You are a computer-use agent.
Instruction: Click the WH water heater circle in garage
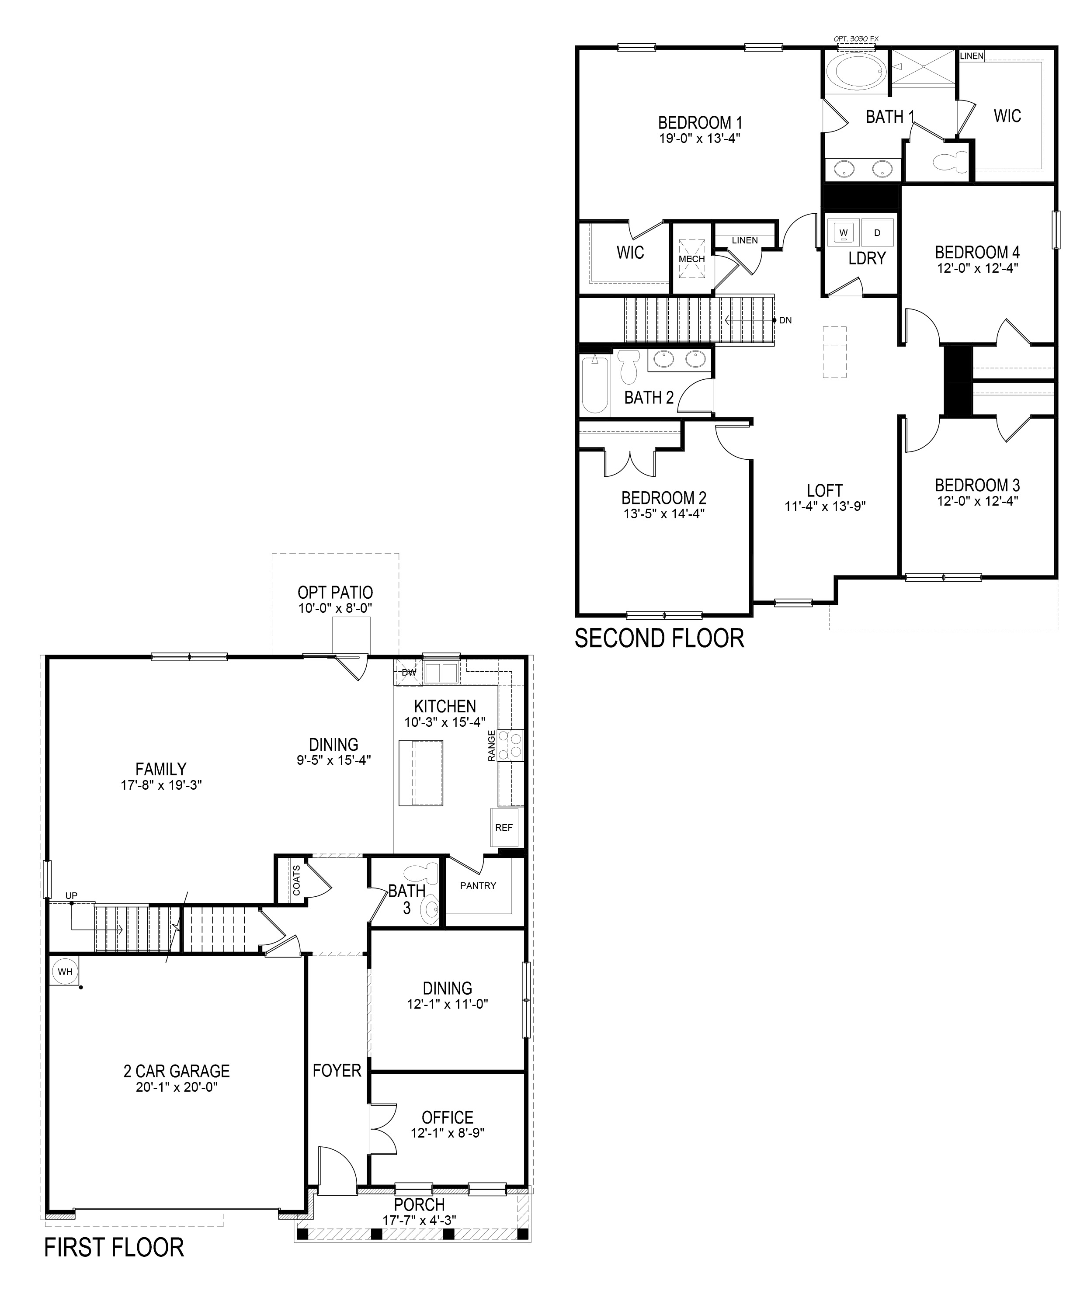click(65, 972)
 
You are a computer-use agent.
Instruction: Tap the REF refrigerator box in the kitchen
click(504, 828)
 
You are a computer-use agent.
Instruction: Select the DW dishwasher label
click(409, 672)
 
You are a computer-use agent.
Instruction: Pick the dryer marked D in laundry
click(877, 233)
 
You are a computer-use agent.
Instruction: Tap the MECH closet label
click(691, 259)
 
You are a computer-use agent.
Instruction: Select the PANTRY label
click(478, 885)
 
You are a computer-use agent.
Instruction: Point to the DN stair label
click(785, 320)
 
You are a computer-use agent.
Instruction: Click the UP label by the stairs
click(71, 895)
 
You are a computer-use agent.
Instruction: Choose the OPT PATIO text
click(335, 592)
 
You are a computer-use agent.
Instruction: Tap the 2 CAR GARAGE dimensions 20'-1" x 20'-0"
click(177, 1087)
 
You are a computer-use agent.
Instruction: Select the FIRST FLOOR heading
click(114, 1247)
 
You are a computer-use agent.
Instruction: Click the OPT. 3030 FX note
click(856, 39)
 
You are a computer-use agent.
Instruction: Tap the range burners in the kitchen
click(511, 744)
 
